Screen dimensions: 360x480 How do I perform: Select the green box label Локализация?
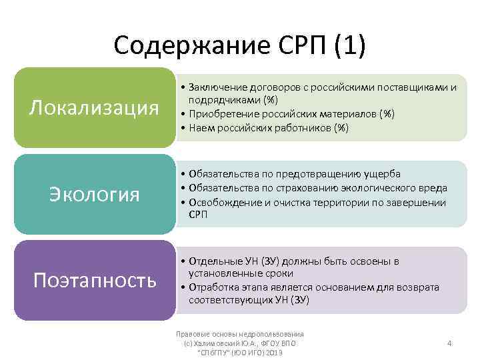click(94, 108)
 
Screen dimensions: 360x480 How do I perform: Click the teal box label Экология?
click(95, 194)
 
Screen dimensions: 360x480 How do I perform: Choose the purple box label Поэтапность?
click(95, 280)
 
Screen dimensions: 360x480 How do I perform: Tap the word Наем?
click(201, 127)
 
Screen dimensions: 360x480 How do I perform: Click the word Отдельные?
click(215, 261)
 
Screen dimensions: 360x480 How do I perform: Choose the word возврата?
click(419, 287)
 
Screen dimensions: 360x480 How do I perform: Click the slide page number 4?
click(449, 343)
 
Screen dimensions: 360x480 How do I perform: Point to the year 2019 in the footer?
click(273, 351)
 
